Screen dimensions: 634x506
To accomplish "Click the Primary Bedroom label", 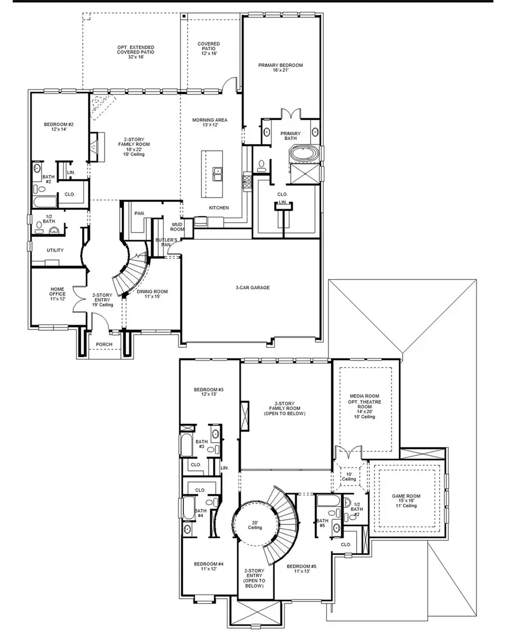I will (281, 68).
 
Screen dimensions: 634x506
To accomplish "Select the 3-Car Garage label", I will (252, 287).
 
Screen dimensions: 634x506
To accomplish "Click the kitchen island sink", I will (216, 172).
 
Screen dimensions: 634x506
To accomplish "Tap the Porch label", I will (104, 344).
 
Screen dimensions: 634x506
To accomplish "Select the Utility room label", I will (55, 250).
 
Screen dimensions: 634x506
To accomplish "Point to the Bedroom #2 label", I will (55, 127).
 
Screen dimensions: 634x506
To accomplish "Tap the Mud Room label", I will (178, 227).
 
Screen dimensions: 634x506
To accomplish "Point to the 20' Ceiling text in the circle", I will (255, 525).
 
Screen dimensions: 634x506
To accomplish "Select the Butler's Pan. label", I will (164, 242).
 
